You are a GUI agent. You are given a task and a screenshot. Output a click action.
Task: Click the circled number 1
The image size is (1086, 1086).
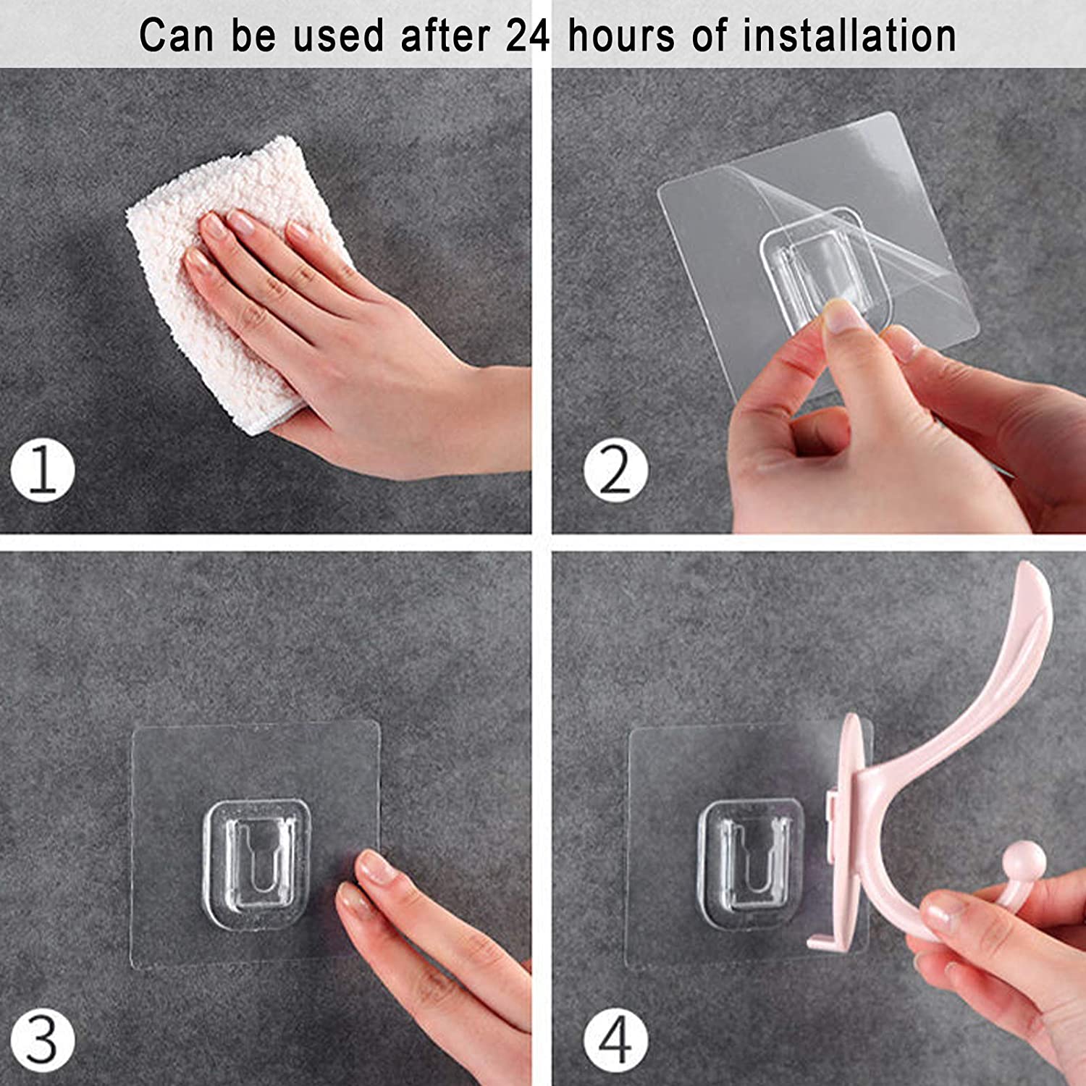click(43, 471)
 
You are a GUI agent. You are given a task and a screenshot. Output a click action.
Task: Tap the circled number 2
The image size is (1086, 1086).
click(616, 471)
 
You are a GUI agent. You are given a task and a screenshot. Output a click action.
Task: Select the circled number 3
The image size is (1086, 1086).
click(43, 1040)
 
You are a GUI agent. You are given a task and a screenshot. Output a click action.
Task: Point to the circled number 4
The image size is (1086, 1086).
click(616, 1040)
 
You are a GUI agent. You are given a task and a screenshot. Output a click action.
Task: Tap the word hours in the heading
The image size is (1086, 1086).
click(621, 35)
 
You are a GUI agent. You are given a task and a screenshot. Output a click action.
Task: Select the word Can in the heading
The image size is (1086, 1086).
click(177, 35)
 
